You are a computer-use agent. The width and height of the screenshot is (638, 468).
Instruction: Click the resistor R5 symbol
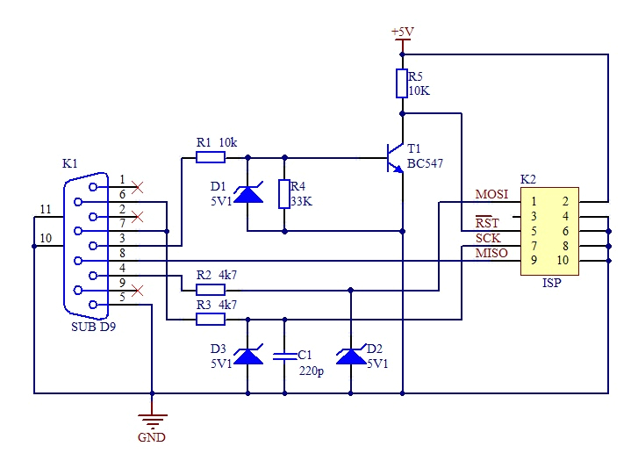tap(402, 83)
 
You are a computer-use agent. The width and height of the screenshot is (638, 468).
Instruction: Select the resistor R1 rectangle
tap(211, 158)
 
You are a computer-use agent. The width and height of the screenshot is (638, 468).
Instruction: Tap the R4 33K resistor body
tap(284, 194)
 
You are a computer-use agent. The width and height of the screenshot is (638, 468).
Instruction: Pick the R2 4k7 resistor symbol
tap(211, 289)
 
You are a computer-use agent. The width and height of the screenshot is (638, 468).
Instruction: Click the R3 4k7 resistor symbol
tap(211, 319)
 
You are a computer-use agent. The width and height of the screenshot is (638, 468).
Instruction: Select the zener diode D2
tap(351, 356)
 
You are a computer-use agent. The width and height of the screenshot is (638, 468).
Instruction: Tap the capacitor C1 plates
tap(284, 356)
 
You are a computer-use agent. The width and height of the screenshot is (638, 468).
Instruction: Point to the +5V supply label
tap(402, 32)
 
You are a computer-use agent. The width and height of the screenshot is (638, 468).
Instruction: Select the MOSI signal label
tap(491, 194)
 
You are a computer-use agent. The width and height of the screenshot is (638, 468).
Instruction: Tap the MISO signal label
tap(491, 254)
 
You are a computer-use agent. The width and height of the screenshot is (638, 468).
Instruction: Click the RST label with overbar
tap(487, 223)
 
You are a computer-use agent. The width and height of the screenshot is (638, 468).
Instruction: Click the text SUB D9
tap(93, 327)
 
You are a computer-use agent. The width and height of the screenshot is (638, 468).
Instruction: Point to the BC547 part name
tap(427, 164)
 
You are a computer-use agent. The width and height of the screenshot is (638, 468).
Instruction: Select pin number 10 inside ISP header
tap(562, 260)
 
